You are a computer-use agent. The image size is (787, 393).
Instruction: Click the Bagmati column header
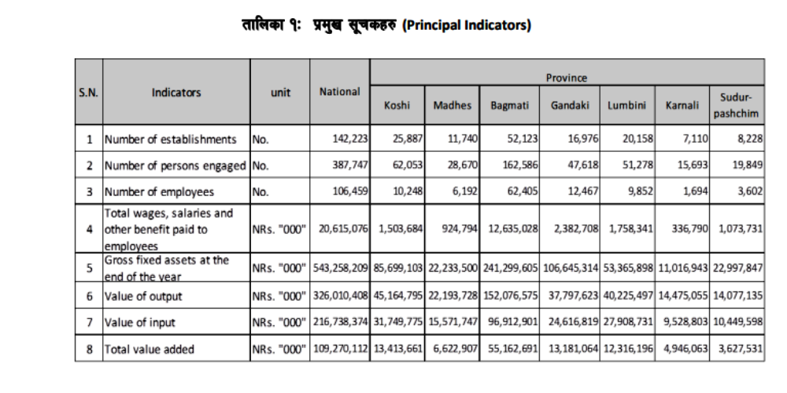coord(510,106)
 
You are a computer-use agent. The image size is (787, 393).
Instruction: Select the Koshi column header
coord(397,106)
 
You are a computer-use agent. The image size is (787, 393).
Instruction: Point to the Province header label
coord(567,78)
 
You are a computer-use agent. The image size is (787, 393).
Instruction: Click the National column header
coord(340,91)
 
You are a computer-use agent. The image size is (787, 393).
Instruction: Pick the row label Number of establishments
coord(171,139)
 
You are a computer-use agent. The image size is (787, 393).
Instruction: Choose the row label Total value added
coord(150,349)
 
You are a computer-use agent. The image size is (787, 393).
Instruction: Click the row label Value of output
coord(143,296)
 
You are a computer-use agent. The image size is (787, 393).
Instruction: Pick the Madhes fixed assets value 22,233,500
coord(452,267)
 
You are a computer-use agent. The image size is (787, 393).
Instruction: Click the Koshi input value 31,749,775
coord(397,322)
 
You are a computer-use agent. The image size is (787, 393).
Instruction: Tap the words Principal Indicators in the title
coord(467,25)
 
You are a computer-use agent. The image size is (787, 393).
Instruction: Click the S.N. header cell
coord(88,91)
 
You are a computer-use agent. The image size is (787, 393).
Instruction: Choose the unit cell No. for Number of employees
coord(261,191)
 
